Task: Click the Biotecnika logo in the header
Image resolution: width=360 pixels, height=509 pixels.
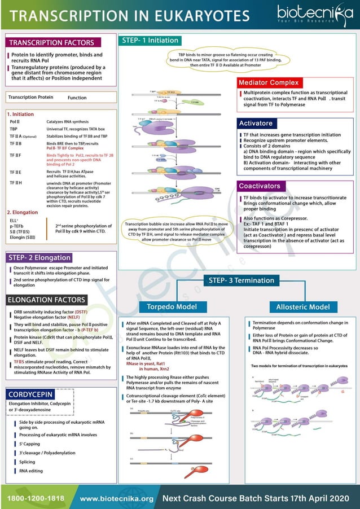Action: point(313,14)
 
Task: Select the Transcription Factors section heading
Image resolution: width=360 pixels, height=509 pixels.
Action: point(51,43)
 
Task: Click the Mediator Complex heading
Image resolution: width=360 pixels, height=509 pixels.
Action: point(268,82)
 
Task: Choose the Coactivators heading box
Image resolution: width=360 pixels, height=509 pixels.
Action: point(259,186)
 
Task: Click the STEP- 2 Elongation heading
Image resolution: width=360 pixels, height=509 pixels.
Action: point(39,258)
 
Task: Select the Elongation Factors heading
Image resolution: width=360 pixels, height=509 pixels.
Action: point(47,300)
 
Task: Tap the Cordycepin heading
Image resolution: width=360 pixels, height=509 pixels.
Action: point(32,393)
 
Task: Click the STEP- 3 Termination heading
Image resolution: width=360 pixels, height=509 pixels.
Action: point(242,280)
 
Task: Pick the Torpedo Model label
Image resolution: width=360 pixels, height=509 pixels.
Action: point(172,307)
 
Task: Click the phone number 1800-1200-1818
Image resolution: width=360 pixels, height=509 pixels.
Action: point(35,498)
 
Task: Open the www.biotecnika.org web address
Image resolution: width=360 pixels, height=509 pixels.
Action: point(117,498)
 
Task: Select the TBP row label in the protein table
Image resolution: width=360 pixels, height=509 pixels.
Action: point(14,129)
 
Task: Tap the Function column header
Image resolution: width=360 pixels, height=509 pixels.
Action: point(77,98)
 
